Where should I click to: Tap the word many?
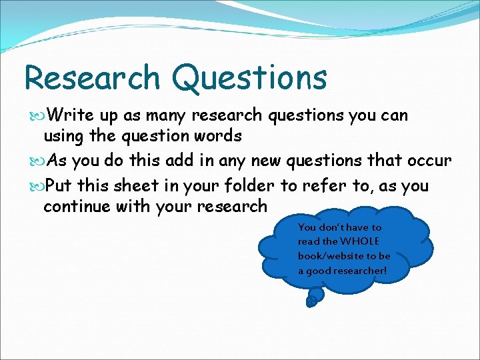coord(165,116)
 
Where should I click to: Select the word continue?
coord(76,207)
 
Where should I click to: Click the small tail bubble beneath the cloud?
coord(311,301)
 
